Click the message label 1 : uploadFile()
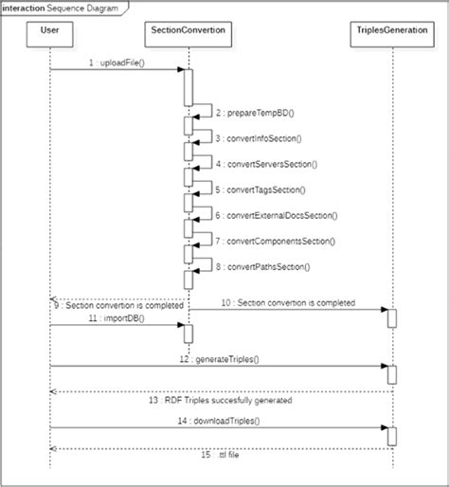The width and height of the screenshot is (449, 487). click(x=115, y=62)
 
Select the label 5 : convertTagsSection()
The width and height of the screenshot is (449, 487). click(x=257, y=189)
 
